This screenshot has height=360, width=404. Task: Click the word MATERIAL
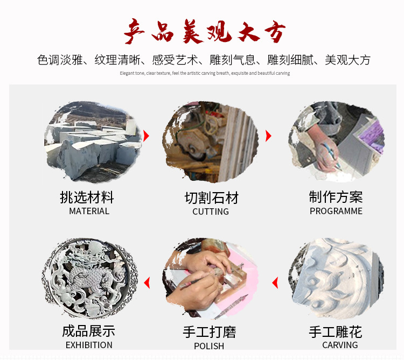pos(89,211)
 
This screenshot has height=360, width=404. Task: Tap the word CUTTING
pos(211,211)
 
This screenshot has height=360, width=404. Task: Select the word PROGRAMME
pos(336,211)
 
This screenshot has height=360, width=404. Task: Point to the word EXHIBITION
pos(89,345)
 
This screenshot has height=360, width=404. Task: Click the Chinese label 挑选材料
pos(87,196)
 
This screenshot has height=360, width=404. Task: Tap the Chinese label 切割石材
pos(211,197)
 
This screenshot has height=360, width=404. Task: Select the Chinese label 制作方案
pos(336,196)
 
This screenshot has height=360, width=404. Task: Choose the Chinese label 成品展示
pos(88,330)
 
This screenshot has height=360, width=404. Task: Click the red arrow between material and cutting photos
pos(146,135)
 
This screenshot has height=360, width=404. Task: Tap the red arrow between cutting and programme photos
pos(268,136)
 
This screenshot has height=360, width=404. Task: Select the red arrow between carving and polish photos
pos(275,283)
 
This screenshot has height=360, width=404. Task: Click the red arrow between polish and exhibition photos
pos(146,283)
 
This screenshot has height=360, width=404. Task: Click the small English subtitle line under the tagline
pos(204,73)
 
